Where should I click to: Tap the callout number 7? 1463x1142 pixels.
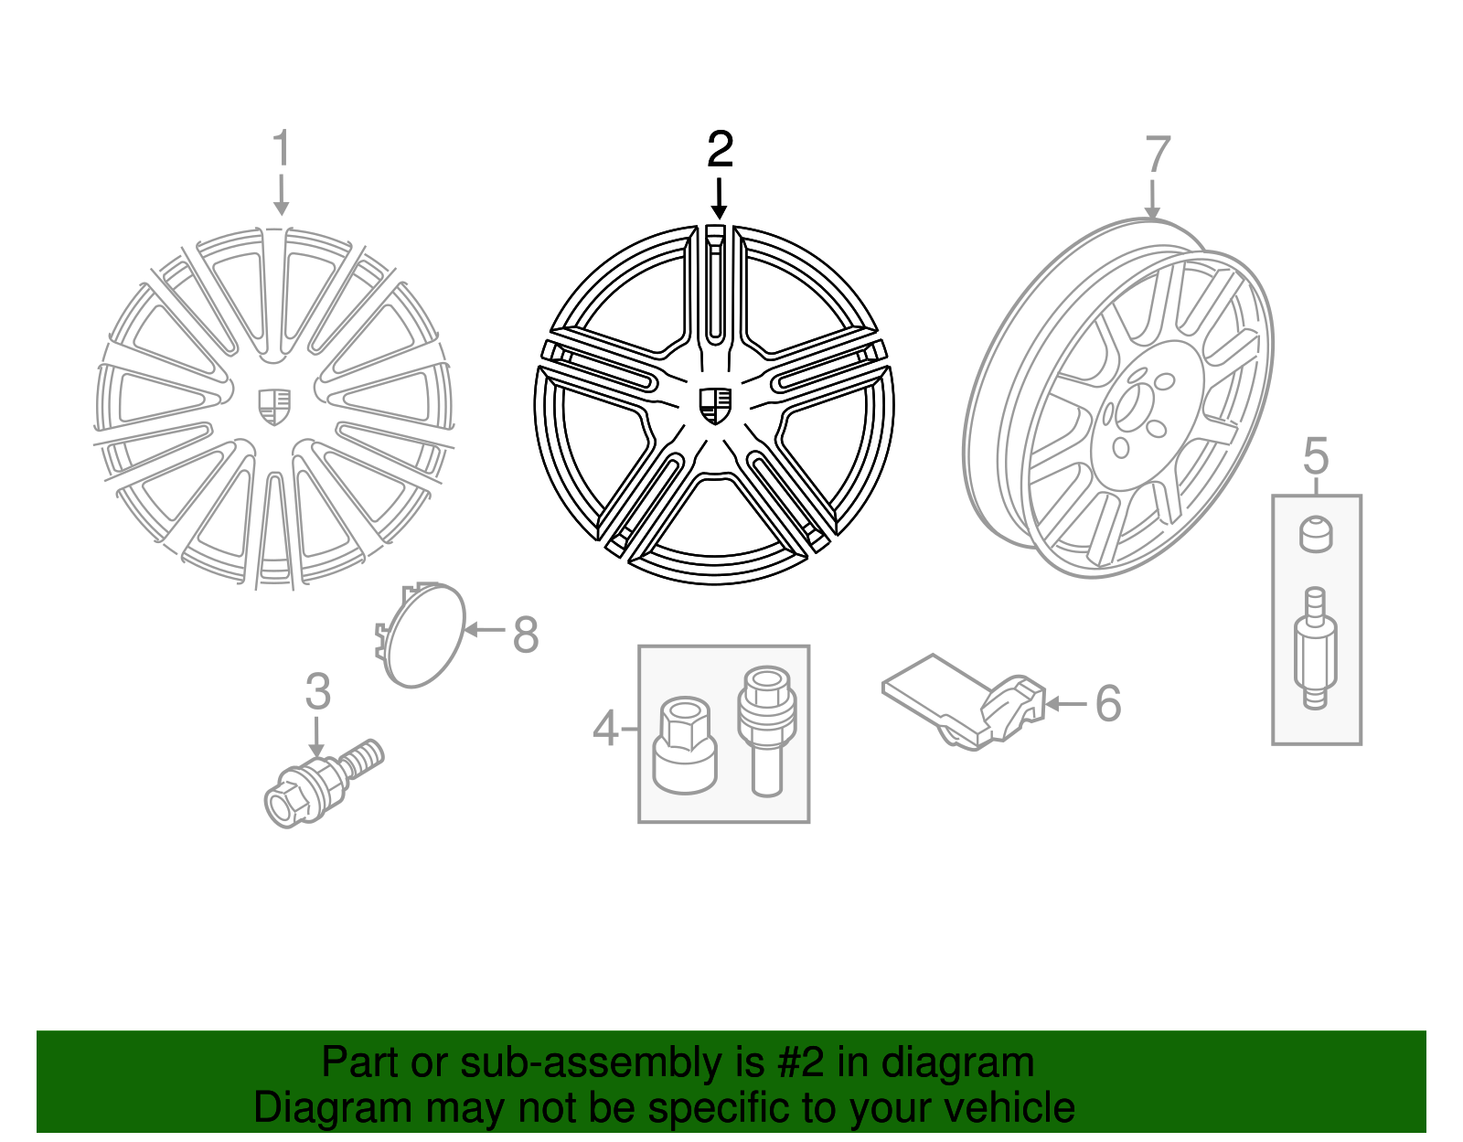tap(1158, 155)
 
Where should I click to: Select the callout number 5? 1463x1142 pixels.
tap(1316, 455)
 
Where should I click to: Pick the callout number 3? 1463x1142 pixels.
tap(318, 691)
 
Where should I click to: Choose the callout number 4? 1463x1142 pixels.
tap(605, 728)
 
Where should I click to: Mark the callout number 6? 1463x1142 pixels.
tap(1108, 703)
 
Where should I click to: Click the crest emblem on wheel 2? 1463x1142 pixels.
tap(715, 405)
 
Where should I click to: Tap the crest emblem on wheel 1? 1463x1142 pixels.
tap(274, 407)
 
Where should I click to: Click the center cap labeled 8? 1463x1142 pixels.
tap(420, 634)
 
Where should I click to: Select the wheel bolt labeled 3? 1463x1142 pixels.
tap(324, 783)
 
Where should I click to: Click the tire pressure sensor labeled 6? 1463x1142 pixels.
tap(964, 702)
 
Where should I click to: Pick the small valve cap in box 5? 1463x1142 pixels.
tap(1316, 534)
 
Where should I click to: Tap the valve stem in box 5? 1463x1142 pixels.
tap(1316, 647)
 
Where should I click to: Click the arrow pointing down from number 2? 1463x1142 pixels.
tap(719, 198)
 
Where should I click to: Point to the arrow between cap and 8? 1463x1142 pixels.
tap(485, 630)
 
